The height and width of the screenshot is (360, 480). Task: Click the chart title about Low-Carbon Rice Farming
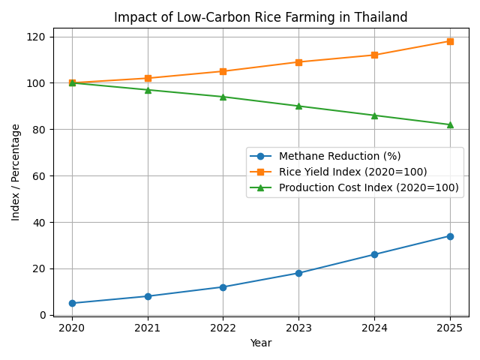pos(261,17)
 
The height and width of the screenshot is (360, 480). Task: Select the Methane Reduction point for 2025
pos(450,236)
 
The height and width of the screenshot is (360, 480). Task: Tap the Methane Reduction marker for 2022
pos(223,287)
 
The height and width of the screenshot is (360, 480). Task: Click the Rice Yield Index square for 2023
pos(298,62)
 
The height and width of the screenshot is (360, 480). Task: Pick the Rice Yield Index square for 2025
pos(450,41)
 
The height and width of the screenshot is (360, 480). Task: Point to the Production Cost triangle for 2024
pos(374,115)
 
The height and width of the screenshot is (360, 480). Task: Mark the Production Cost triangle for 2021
pos(148,90)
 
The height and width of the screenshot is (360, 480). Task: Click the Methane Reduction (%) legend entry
pos(340,156)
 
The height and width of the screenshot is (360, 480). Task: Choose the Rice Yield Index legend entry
pos(352,172)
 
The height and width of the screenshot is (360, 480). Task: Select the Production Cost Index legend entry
pos(368,187)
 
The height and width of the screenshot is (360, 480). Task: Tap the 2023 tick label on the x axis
pos(298,328)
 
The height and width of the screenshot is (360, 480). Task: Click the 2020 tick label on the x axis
pos(72,328)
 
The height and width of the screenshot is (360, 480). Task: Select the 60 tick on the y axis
pos(40,176)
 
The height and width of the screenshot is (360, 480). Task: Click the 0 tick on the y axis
pos(43,315)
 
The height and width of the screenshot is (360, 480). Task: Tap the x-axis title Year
pos(261,343)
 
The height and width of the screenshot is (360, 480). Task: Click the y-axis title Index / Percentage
pos(16,172)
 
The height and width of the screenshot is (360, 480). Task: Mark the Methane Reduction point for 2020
pos(72,303)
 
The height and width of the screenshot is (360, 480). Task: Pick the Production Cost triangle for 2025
pos(450,124)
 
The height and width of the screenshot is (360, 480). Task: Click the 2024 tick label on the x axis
pos(374,328)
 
